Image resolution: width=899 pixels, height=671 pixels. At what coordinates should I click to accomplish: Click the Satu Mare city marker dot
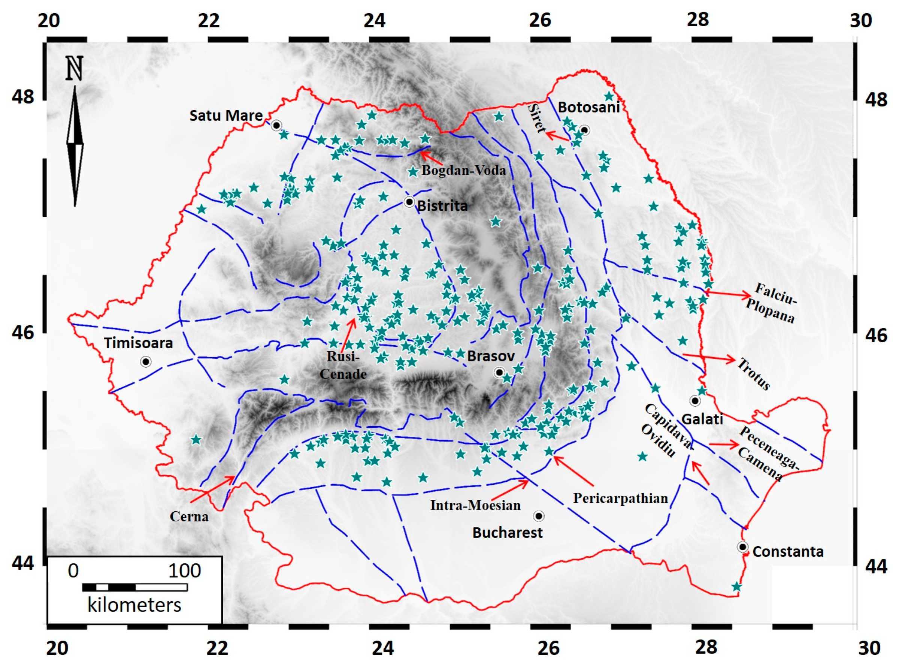pyautogui.click(x=276, y=125)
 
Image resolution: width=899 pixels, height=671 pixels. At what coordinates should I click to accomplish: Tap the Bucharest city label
pyautogui.click(x=507, y=533)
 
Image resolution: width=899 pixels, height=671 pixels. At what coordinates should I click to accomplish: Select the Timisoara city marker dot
pyautogui.click(x=146, y=361)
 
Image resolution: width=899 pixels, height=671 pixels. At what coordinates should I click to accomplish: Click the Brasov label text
pyautogui.click(x=491, y=356)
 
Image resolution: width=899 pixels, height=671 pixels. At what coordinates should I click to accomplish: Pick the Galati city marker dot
pyautogui.click(x=695, y=401)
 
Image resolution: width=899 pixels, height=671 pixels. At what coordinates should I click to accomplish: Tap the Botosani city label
pyautogui.click(x=588, y=107)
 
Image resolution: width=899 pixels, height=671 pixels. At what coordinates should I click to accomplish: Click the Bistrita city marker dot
pyautogui.click(x=409, y=202)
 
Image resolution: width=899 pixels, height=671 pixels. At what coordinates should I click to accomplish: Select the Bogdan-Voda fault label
pyautogui.click(x=463, y=170)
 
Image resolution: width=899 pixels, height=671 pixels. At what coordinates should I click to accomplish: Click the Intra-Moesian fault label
pyautogui.click(x=475, y=505)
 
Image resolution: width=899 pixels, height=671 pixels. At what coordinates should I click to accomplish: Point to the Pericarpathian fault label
pyautogui.click(x=620, y=498)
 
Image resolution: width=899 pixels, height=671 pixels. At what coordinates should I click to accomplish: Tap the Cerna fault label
pyautogui.click(x=189, y=517)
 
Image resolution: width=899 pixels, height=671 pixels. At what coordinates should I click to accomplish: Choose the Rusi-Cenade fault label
pyautogui.click(x=343, y=365)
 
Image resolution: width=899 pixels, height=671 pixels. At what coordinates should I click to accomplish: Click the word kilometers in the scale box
pyautogui.click(x=134, y=605)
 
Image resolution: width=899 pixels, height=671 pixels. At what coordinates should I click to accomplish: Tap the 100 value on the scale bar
pyautogui.click(x=185, y=571)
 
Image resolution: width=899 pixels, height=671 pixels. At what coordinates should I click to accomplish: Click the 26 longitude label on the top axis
pyautogui.click(x=540, y=19)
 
